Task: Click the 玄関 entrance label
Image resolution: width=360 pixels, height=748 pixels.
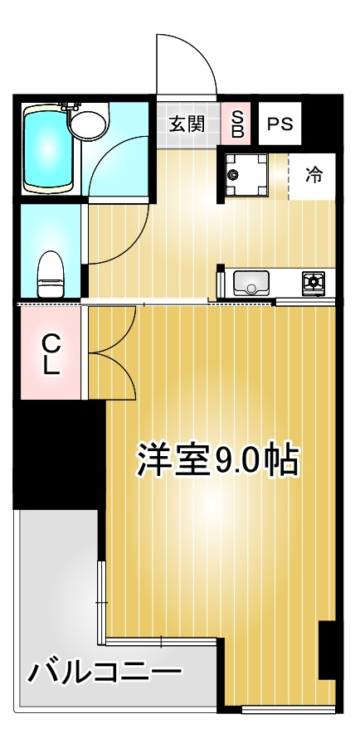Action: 187,124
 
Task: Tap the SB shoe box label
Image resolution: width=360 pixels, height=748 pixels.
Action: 237,123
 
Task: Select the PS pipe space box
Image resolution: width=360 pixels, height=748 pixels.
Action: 280,124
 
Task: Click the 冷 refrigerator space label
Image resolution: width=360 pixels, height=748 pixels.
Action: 313,176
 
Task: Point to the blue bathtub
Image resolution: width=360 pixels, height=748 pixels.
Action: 47,149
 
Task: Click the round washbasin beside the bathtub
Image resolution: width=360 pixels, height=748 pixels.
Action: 88,124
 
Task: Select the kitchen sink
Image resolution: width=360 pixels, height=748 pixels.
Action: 251,283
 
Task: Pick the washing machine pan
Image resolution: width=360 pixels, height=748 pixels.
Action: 246,175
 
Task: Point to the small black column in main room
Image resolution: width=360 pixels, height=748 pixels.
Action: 327,649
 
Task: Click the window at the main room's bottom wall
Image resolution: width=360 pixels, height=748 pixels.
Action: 289,710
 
